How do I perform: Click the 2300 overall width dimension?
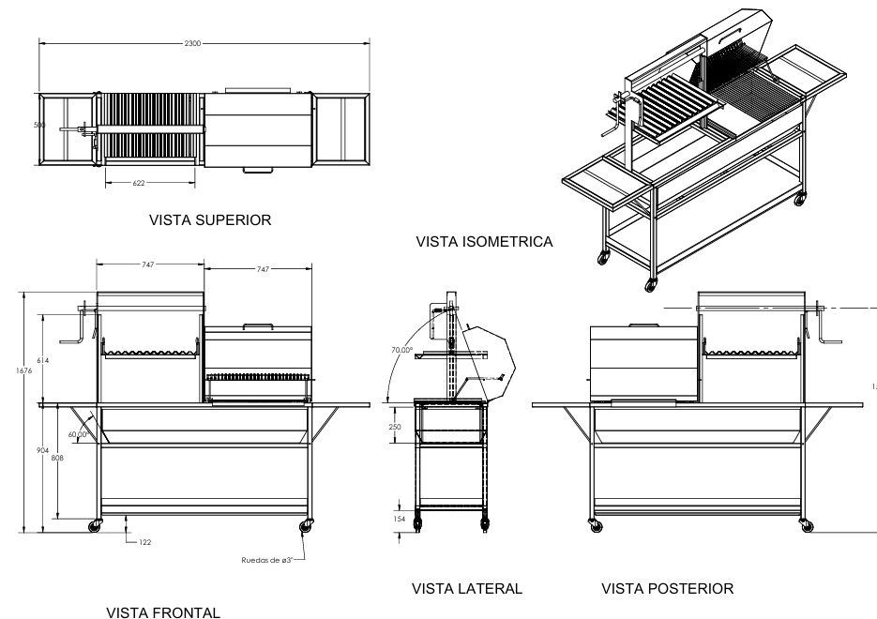point(202,43)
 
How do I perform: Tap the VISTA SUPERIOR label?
point(210,221)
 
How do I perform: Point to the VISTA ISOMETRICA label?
point(483,242)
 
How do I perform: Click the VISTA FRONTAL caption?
point(164,612)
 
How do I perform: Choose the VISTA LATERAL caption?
point(467,589)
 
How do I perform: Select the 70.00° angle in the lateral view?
point(402,350)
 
